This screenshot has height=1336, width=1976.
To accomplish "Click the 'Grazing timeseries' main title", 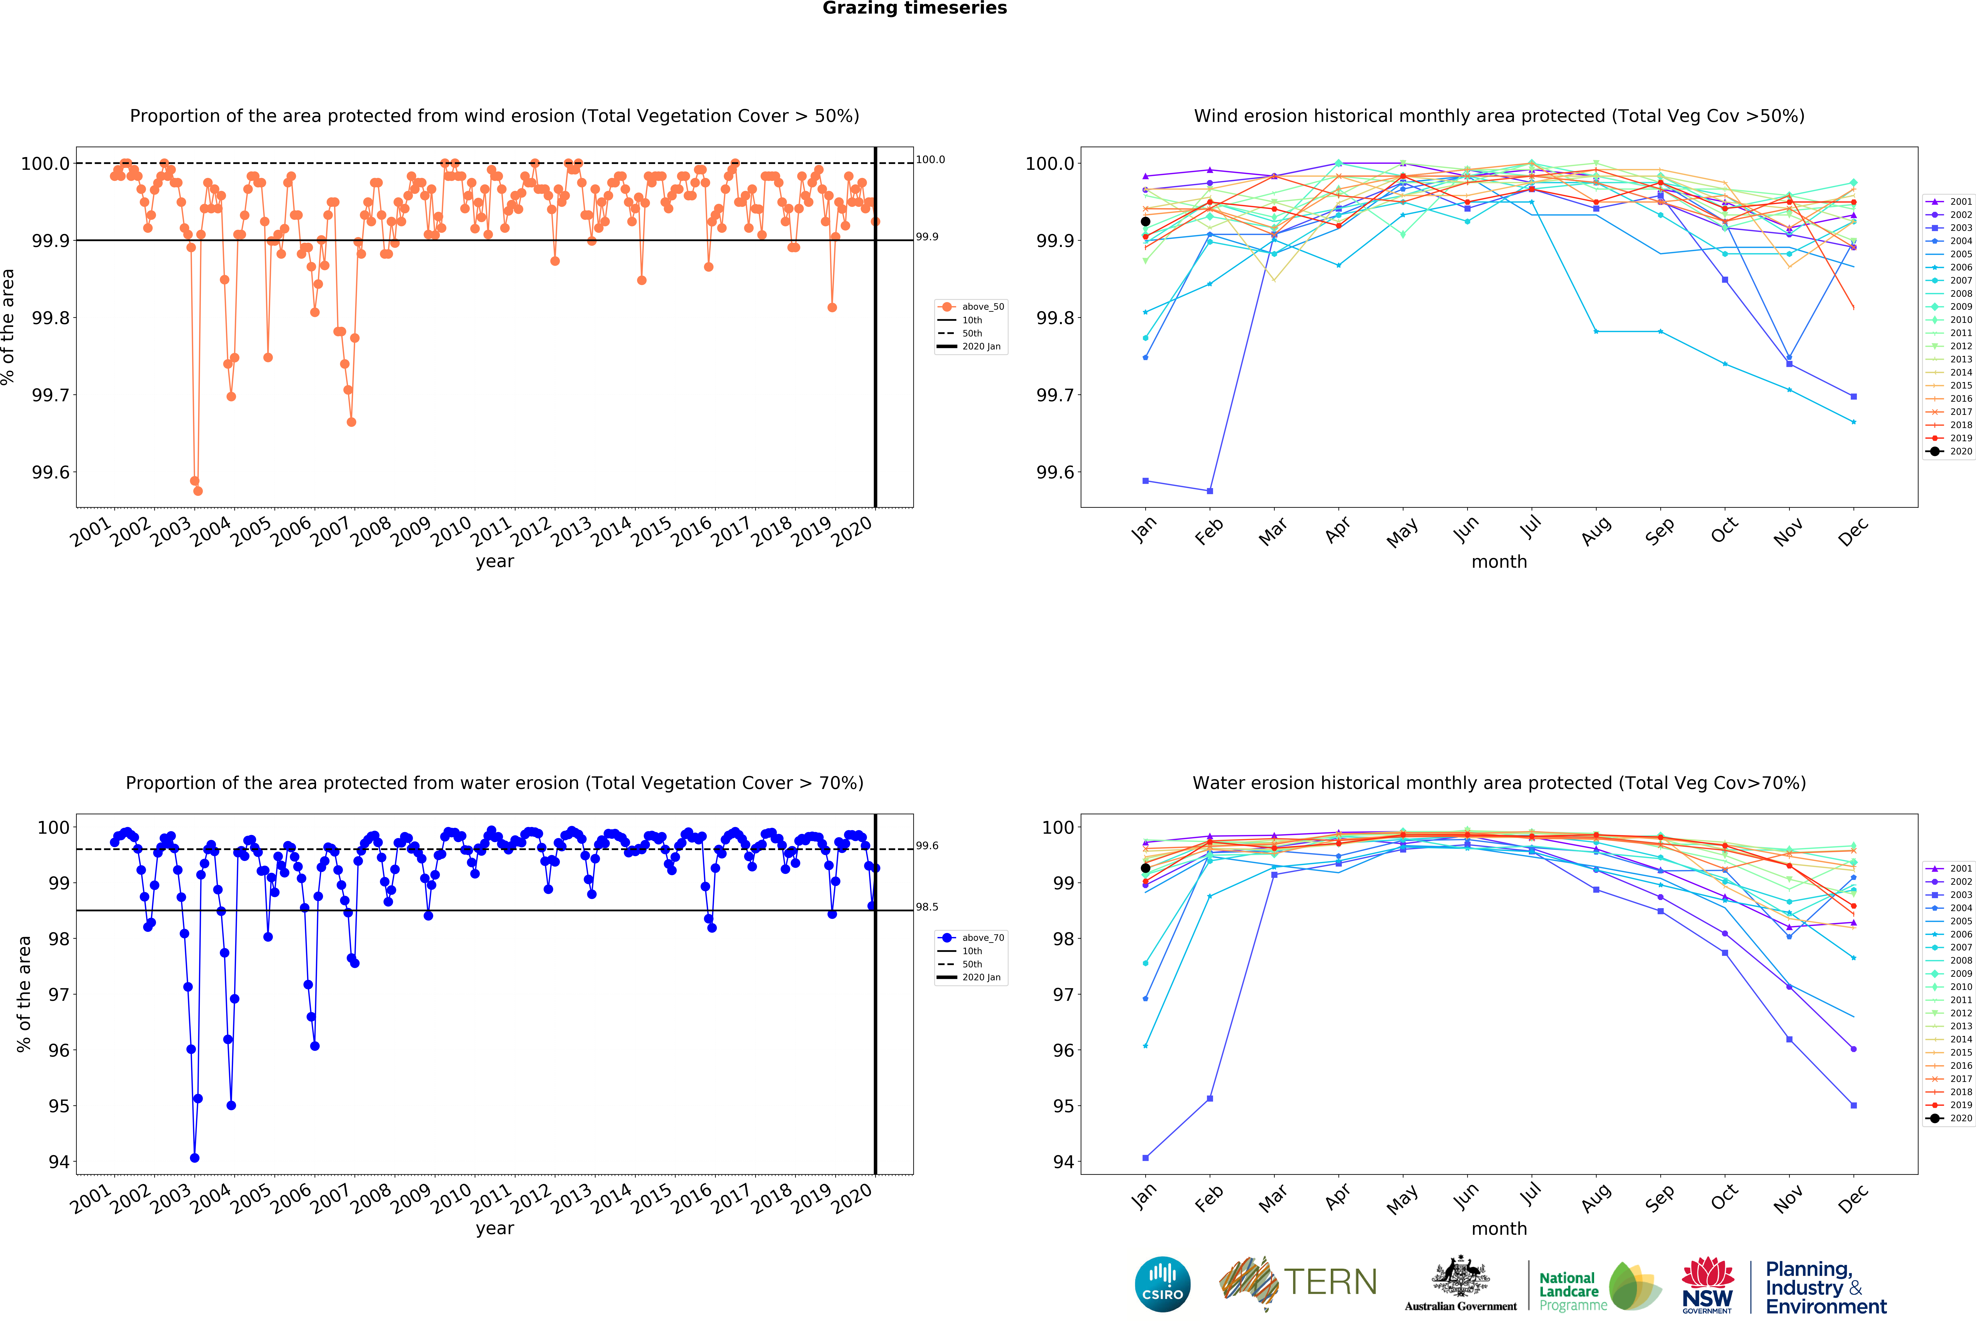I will (x=914, y=9).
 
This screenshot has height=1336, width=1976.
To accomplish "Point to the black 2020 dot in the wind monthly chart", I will (x=1145, y=221).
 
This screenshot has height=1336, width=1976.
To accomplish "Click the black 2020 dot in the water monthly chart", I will (x=1145, y=868).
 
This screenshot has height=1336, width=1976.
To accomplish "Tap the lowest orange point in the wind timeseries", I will (x=198, y=491).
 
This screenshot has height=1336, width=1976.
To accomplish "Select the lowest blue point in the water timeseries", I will (x=195, y=1157).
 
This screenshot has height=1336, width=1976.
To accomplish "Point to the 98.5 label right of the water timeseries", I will (x=927, y=906).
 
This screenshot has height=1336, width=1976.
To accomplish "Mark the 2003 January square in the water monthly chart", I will (x=1145, y=1157).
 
